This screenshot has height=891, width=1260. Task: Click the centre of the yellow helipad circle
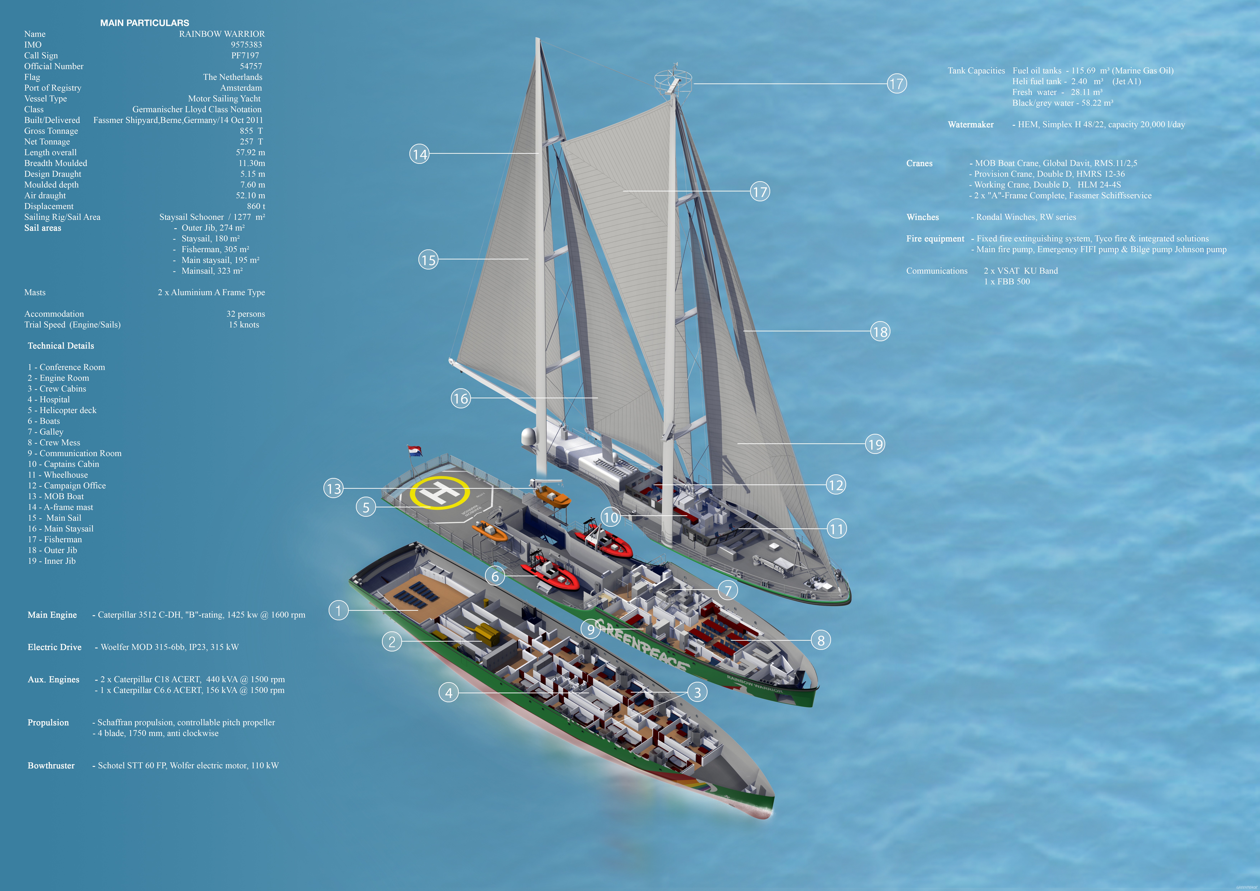440,492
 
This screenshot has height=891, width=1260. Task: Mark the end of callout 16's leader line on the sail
598,398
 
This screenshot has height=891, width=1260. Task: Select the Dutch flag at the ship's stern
415,451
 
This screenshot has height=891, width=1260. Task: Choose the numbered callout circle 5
366,507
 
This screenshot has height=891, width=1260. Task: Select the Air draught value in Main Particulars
250,195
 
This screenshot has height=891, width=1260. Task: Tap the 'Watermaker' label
970,125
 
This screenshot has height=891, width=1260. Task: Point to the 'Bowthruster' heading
51,765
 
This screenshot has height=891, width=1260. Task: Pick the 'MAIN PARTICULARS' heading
144,23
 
